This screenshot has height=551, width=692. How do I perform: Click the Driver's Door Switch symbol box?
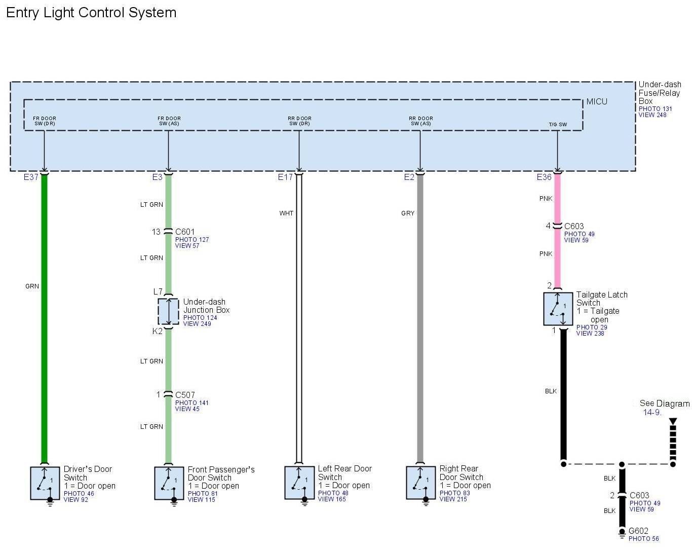(46, 483)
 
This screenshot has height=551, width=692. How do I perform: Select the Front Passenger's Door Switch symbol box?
(169, 483)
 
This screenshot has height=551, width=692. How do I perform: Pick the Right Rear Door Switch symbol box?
(421, 483)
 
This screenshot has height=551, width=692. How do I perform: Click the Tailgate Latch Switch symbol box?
(558, 309)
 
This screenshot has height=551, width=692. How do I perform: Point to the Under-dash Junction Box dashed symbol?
(168, 311)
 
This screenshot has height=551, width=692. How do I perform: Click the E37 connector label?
(31, 177)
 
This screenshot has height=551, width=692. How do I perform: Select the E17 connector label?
(285, 177)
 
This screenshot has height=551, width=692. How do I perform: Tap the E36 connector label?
(544, 177)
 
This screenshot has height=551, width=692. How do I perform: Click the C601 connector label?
(185, 232)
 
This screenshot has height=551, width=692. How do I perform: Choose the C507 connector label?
(185, 395)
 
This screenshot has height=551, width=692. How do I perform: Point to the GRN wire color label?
(32, 286)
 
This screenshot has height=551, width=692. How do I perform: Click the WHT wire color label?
(286, 213)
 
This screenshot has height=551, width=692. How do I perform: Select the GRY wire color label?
(408, 213)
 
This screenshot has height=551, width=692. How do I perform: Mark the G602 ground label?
(638, 531)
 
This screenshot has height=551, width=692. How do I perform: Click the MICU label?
(597, 102)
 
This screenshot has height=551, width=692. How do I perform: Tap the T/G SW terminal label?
(558, 125)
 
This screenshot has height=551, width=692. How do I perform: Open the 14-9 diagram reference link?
(652, 413)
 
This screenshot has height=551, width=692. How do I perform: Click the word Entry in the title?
(22, 13)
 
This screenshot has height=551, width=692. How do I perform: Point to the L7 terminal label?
(158, 292)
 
